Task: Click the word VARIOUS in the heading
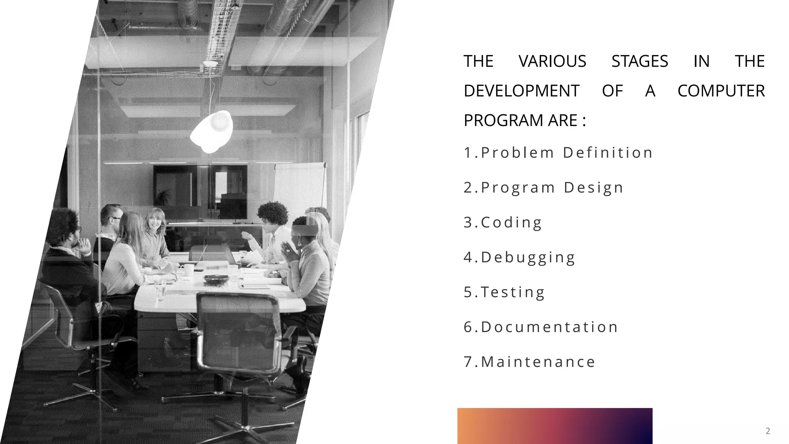pos(552,61)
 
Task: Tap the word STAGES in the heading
pos(640,61)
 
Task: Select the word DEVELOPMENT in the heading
pos(521,91)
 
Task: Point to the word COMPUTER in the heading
pos(721,91)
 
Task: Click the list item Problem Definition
pos(558,153)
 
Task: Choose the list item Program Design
pos(543,188)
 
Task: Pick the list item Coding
pos(503,222)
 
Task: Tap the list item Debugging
pos(519,257)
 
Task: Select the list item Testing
pos(504,292)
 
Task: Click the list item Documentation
pos(541,327)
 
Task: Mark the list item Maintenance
pos(529,362)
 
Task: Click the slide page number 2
pos(767,431)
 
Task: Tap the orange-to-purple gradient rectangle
pos(555,425)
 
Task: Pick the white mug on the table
pos(188,270)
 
